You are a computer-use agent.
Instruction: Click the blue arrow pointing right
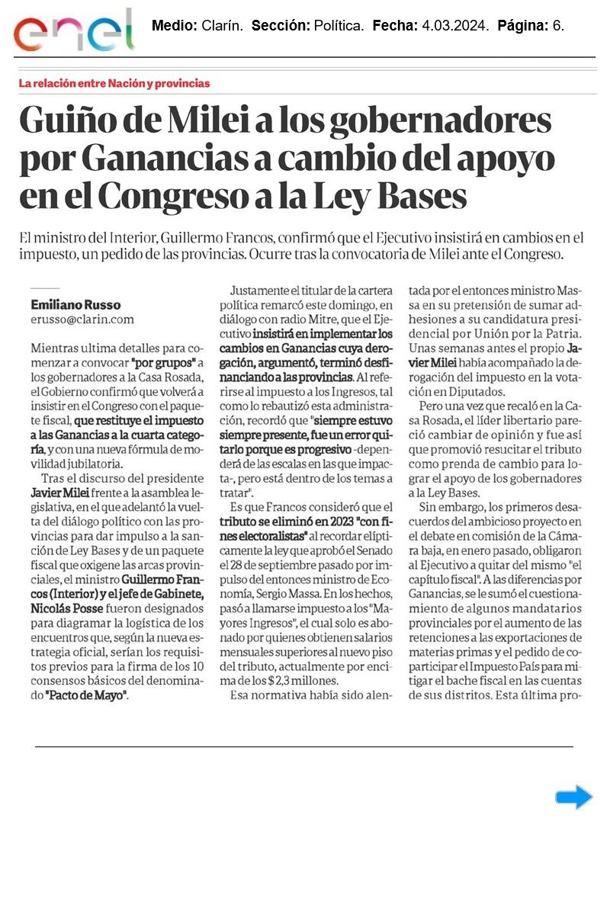573,797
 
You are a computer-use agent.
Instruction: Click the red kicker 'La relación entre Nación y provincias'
114,83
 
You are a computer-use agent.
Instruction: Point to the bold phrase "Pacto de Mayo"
86,695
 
